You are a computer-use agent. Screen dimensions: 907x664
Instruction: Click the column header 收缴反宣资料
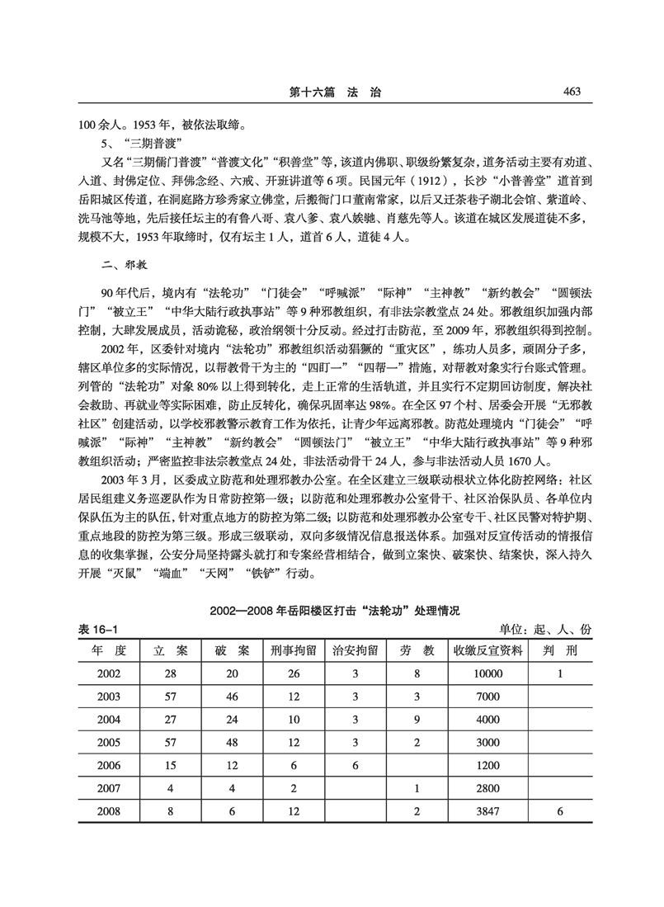(487, 650)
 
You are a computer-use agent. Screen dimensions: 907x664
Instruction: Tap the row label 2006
(109, 765)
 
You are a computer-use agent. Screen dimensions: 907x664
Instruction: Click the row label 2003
(109, 696)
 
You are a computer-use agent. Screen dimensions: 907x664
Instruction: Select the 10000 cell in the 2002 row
(487, 673)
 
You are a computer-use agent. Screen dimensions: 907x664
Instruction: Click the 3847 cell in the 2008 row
(487, 811)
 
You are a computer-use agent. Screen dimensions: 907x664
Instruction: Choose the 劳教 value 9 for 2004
(417, 719)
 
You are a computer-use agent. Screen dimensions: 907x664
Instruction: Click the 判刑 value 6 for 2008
(560, 811)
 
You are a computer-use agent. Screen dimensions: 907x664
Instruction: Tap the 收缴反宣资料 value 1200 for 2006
(487, 765)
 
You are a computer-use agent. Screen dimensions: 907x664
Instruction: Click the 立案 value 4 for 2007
(171, 788)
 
